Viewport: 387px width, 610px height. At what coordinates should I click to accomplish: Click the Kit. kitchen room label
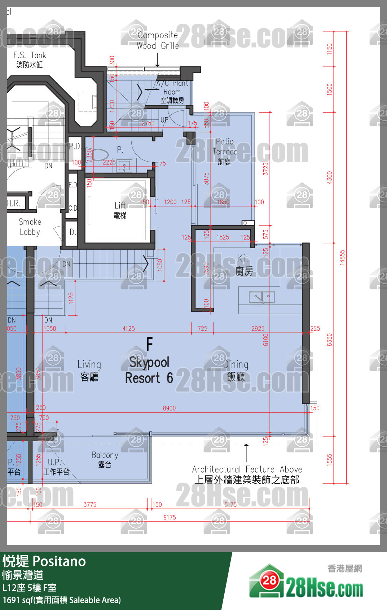pos(244,265)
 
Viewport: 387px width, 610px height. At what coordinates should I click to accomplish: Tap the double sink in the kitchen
pos(262,297)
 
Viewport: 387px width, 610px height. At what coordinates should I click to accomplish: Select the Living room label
pos(89,370)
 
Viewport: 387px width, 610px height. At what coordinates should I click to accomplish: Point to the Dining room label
pos(236,370)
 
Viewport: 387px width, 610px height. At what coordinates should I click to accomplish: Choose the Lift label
pos(120,210)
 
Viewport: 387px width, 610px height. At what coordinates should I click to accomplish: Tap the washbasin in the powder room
pos(124,166)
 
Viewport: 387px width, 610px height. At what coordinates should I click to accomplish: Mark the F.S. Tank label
pos(30,60)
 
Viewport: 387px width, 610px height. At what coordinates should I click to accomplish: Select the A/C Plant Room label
pos(172,92)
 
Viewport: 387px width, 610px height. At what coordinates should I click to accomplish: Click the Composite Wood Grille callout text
pos(158,40)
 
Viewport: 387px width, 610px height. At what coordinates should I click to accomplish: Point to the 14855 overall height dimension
pos(342,258)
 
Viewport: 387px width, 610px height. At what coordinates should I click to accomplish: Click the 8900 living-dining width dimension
pos(169,408)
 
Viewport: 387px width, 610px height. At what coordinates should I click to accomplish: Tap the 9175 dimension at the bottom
pos(170,517)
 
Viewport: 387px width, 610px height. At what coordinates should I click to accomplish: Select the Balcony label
pos(105,459)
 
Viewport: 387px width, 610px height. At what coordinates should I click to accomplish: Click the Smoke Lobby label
pos(30,227)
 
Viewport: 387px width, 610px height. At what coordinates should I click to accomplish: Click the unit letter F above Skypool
pos(150,344)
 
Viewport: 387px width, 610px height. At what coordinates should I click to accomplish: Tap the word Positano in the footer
pos(60,561)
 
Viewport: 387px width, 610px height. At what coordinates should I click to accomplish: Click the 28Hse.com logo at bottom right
pos(307,584)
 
